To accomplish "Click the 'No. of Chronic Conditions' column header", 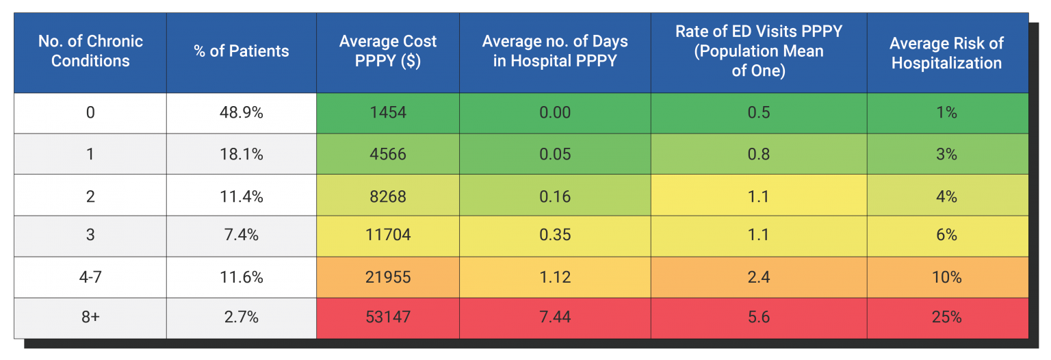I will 90,51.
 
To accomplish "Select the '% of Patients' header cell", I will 242,51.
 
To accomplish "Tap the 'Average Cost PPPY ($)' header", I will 388,51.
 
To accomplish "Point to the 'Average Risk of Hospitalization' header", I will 947,53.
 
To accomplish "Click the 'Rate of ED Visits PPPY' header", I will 758,51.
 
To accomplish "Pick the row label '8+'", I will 90,318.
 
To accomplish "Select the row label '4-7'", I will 90,277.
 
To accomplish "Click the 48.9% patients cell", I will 242,113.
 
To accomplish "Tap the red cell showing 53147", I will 388,318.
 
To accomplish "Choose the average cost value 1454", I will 388,113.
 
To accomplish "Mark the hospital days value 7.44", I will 555,318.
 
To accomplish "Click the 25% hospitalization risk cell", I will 947,318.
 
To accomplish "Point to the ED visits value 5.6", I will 758,318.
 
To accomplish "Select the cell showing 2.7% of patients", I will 242,318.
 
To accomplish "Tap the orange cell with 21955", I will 388,277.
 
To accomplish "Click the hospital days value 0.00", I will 555,113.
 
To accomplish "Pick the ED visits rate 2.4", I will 758,277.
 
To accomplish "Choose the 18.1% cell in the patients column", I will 242,154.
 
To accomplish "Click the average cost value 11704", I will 388,235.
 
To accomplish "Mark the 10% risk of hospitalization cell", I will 947,277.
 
